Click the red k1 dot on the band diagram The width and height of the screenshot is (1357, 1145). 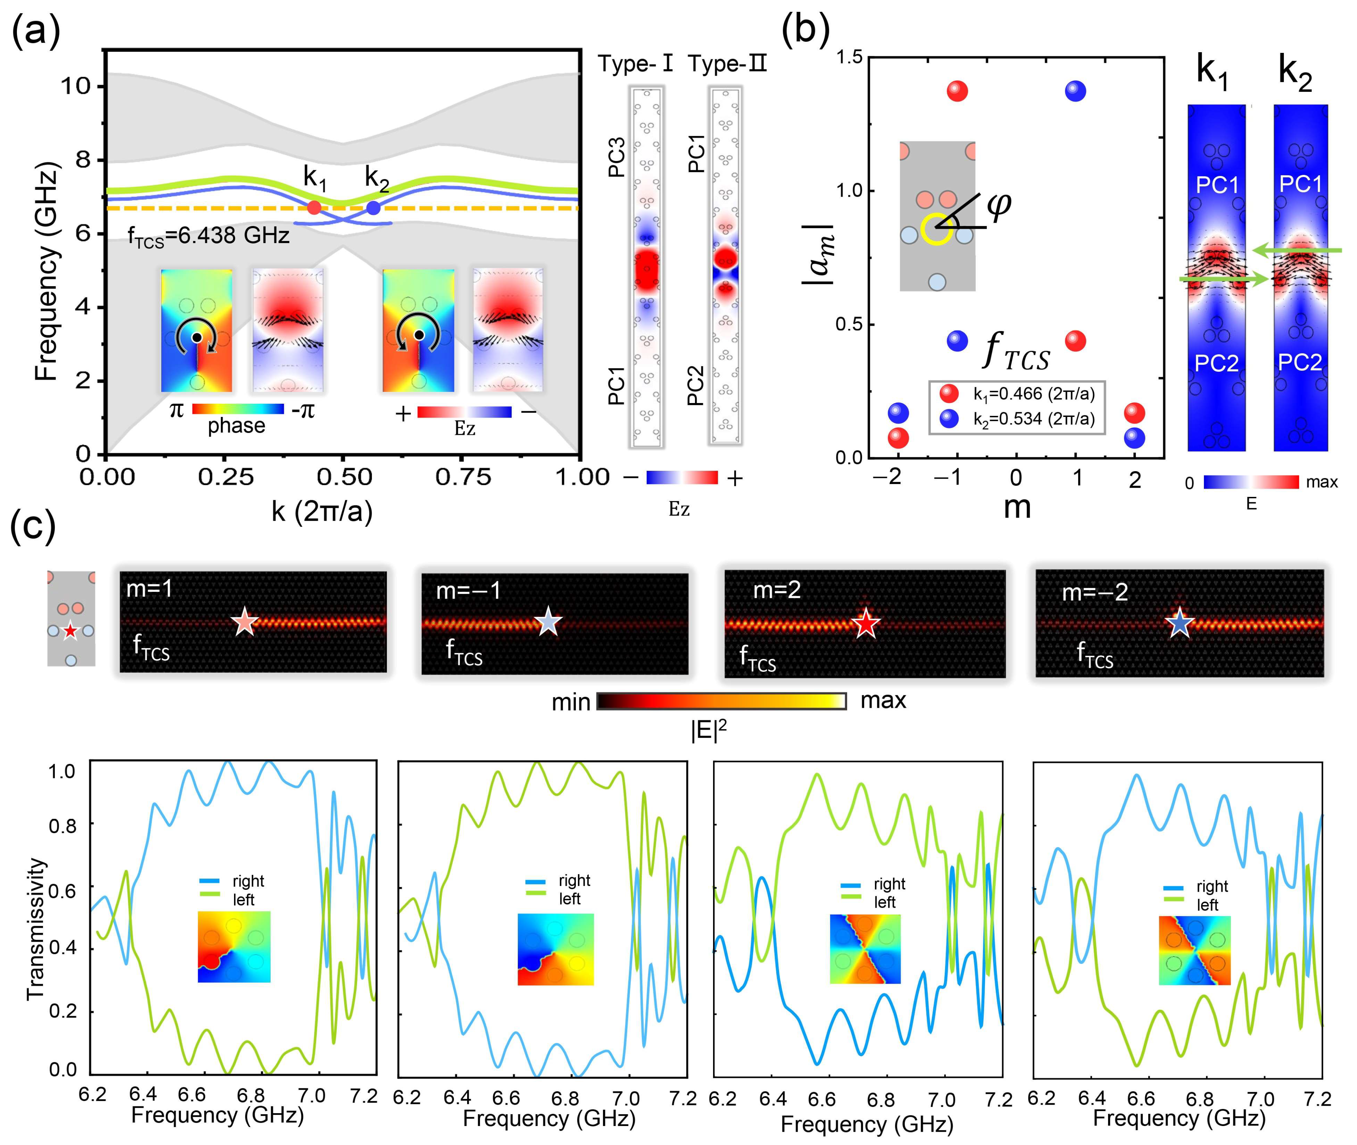tap(314, 208)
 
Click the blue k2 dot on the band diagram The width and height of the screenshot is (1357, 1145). tap(374, 208)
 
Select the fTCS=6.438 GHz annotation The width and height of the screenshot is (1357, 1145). tap(209, 236)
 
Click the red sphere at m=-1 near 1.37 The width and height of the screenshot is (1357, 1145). tap(957, 91)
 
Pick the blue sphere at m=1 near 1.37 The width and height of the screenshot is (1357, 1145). tap(1075, 91)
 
